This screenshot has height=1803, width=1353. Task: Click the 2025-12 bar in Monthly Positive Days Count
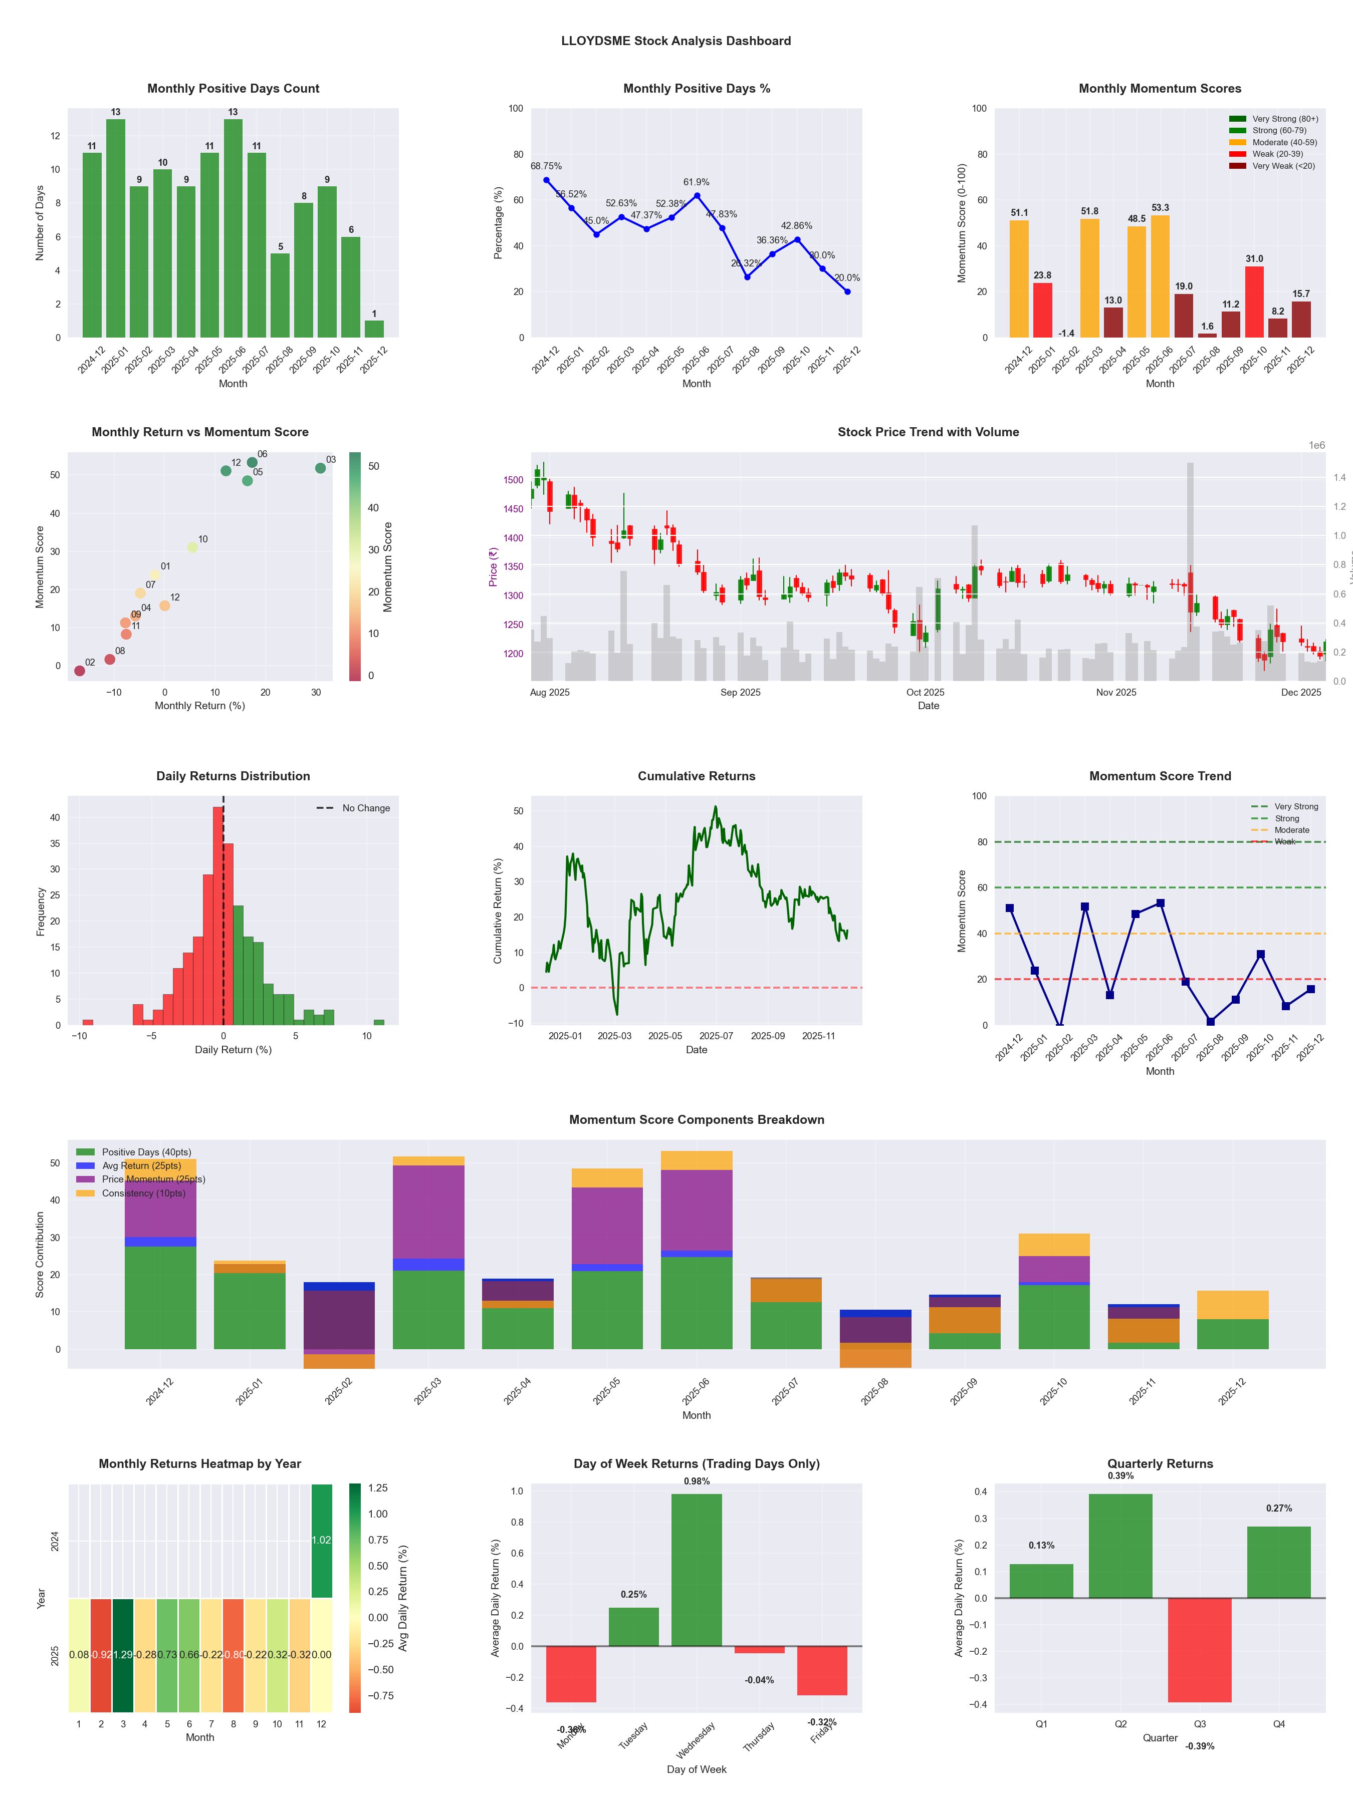[x=374, y=329]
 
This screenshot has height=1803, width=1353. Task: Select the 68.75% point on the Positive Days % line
[x=546, y=180]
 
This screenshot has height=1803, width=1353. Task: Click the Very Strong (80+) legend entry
[x=1284, y=119]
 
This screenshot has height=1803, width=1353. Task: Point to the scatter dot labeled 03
[x=321, y=468]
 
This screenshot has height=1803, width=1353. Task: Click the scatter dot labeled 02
[x=79, y=671]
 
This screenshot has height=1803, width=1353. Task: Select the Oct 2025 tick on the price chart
[x=925, y=692]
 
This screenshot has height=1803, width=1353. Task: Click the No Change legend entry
[x=365, y=808]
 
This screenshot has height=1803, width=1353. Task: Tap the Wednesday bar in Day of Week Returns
[x=697, y=1569]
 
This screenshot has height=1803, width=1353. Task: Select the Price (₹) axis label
[x=493, y=566]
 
